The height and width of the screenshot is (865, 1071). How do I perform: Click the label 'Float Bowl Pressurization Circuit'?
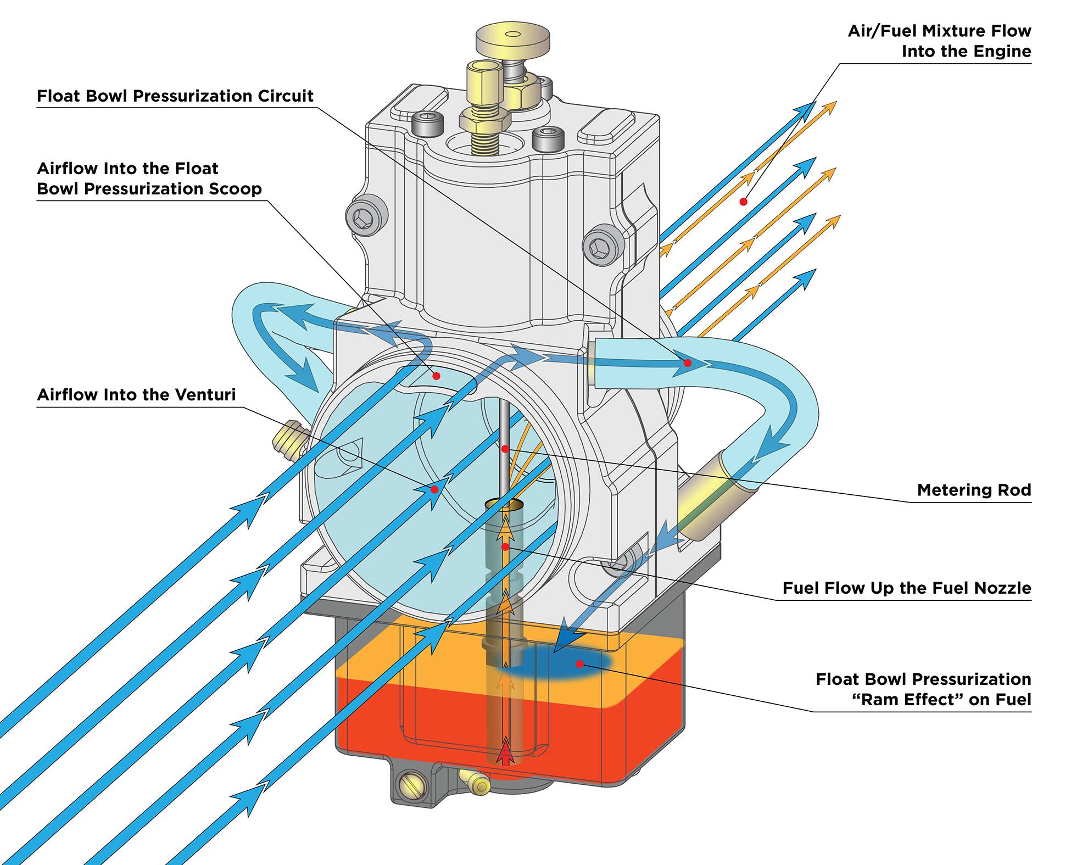[x=175, y=96]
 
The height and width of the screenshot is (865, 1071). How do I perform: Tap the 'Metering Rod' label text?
[x=974, y=490]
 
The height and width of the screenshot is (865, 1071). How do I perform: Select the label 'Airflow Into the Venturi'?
[x=136, y=395]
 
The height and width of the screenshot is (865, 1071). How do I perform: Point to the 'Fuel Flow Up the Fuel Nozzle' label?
[x=907, y=588]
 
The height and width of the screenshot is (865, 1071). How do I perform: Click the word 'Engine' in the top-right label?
[x=1002, y=52]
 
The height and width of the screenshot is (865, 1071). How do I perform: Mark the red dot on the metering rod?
[x=505, y=449]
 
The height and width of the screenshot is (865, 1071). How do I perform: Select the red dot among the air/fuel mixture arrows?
[x=743, y=202]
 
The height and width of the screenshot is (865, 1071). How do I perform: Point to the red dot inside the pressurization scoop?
[x=436, y=376]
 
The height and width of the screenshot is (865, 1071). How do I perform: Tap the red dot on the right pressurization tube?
[x=687, y=363]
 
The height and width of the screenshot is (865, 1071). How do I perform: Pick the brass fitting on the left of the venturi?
[x=288, y=439]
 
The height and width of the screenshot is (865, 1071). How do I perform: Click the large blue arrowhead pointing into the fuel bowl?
[x=568, y=639]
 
